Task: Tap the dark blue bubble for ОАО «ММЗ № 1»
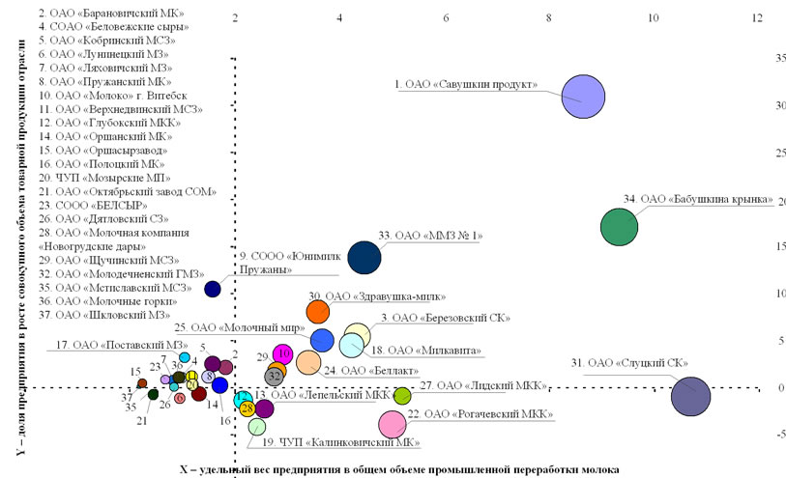pos(364,257)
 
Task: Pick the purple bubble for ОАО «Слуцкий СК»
pos(690,396)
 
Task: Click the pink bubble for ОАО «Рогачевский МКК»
pos(393,423)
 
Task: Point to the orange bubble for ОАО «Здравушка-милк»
pos(318,311)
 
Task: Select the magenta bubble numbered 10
pos(283,354)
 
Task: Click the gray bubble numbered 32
pos(275,376)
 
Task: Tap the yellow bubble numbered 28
pos(247,408)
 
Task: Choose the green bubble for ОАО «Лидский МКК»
pos(402,395)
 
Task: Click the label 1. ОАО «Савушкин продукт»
pos(466,85)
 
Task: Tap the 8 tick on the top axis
pos(549,17)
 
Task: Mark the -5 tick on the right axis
pos(778,434)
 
